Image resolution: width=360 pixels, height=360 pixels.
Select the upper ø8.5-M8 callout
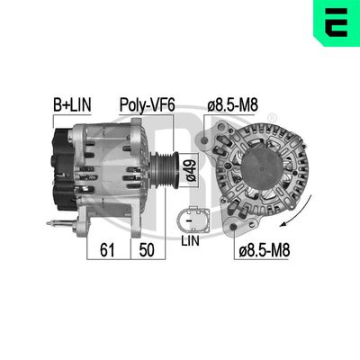(x=233, y=106)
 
